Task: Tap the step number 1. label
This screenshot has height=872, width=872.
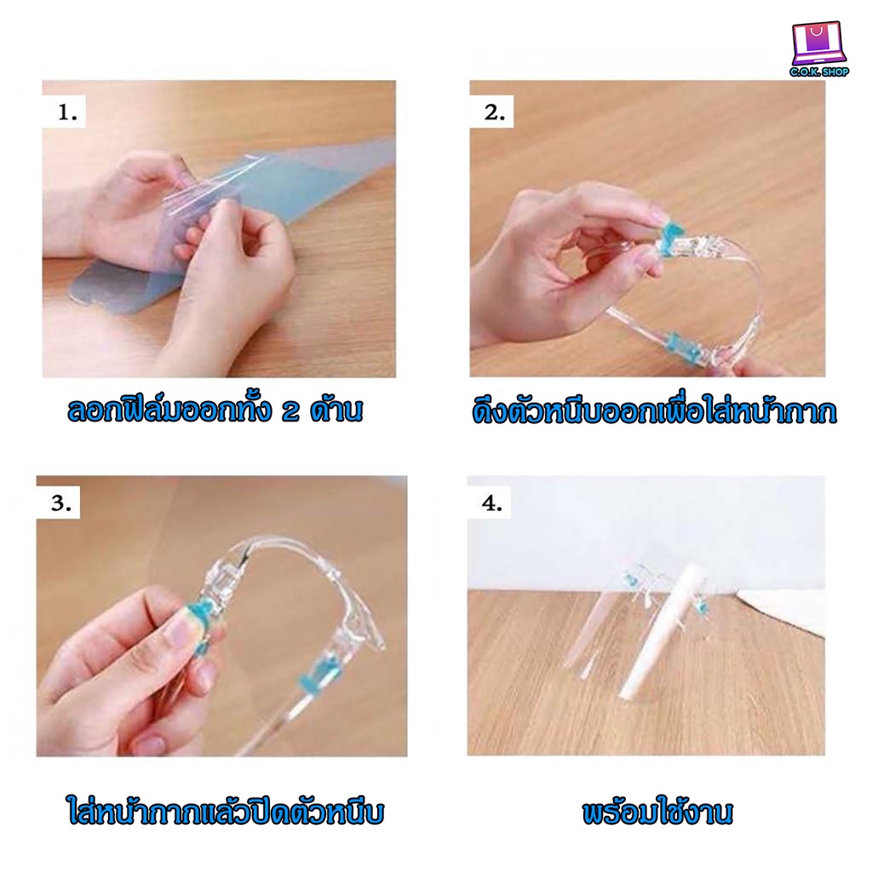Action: pyautogui.click(x=66, y=113)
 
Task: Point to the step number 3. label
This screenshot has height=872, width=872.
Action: pyautogui.click(x=60, y=503)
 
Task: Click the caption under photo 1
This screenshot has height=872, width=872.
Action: pyautogui.click(x=215, y=410)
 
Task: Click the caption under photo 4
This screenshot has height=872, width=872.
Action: pyautogui.click(x=658, y=812)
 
